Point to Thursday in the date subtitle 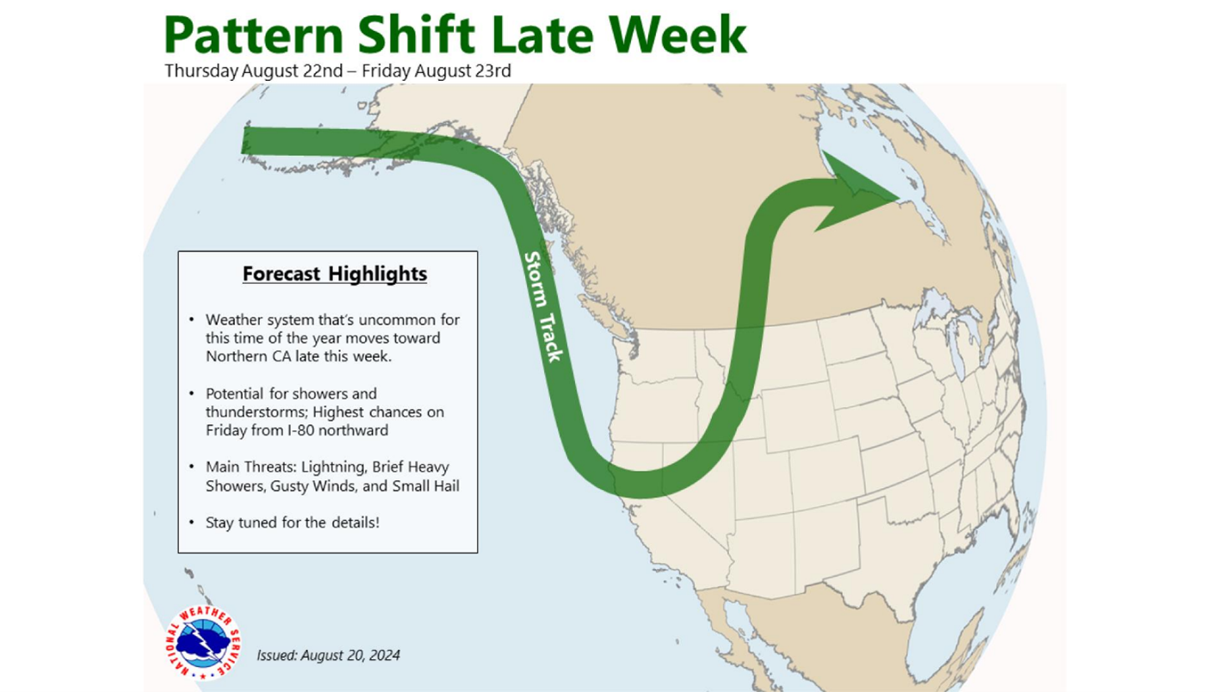point(201,71)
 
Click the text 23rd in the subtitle point(491,71)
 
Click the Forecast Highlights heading point(334,275)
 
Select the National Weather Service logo point(203,641)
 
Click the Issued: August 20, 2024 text point(328,656)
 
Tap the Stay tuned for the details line point(293,522)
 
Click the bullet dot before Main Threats point(192,467)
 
